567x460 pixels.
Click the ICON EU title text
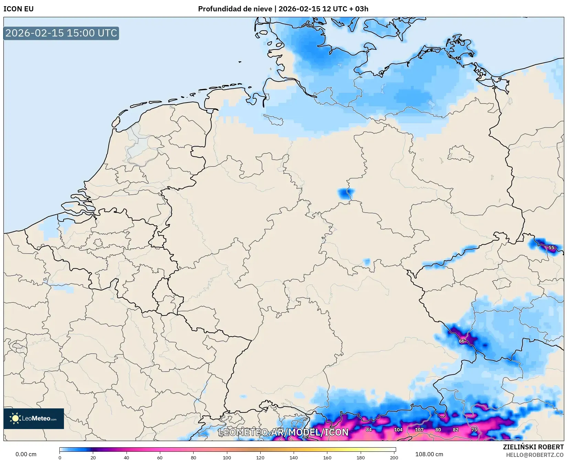(19, 9)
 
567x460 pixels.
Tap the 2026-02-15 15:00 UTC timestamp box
(61, 33)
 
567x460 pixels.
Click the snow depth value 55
(551, 248)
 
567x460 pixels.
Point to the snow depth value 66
(461, 341)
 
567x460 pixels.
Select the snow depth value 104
(398, 430)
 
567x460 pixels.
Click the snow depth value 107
(419, 430)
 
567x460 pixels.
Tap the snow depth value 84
(369, 430)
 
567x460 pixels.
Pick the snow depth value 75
(474, 430)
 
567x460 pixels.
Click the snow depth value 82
(455, 430)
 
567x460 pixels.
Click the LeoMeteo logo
(34, 418)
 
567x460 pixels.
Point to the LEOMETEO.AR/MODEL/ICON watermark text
(283, 432)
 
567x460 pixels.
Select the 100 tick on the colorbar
(227, 457)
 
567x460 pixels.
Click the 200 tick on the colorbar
(394, 457)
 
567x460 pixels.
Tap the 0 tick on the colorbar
(60, 457)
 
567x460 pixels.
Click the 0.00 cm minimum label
(26, 454)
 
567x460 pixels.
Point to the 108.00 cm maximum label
(429, 454)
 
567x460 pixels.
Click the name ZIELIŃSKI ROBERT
(533, 447)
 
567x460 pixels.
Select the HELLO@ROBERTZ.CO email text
(534, 455)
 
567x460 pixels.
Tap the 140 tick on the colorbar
(294, 457)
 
